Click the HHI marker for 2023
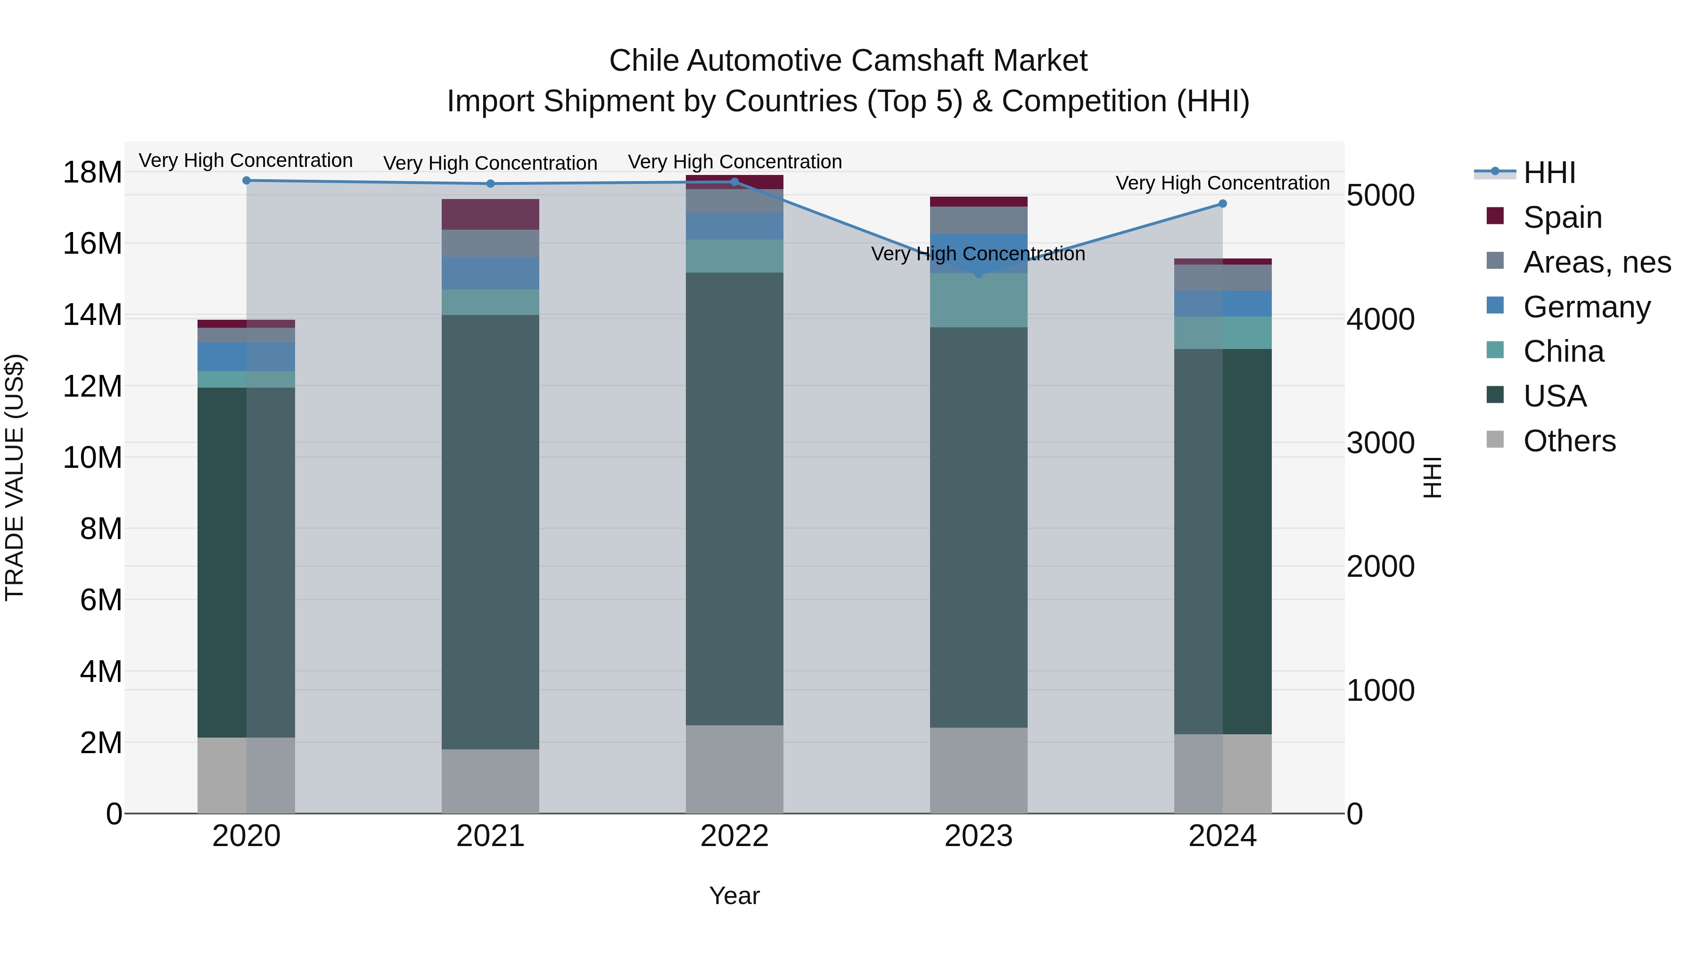978,274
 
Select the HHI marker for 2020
247,180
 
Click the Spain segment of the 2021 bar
490,214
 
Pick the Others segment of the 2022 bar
734,769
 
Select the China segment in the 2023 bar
978,300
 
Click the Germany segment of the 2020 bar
247,357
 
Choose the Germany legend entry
1586,307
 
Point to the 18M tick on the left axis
92,173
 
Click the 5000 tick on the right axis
1380,196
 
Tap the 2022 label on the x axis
734,836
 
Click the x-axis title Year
734,896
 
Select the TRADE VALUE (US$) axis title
15,477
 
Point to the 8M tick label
101,529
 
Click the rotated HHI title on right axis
1432,477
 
